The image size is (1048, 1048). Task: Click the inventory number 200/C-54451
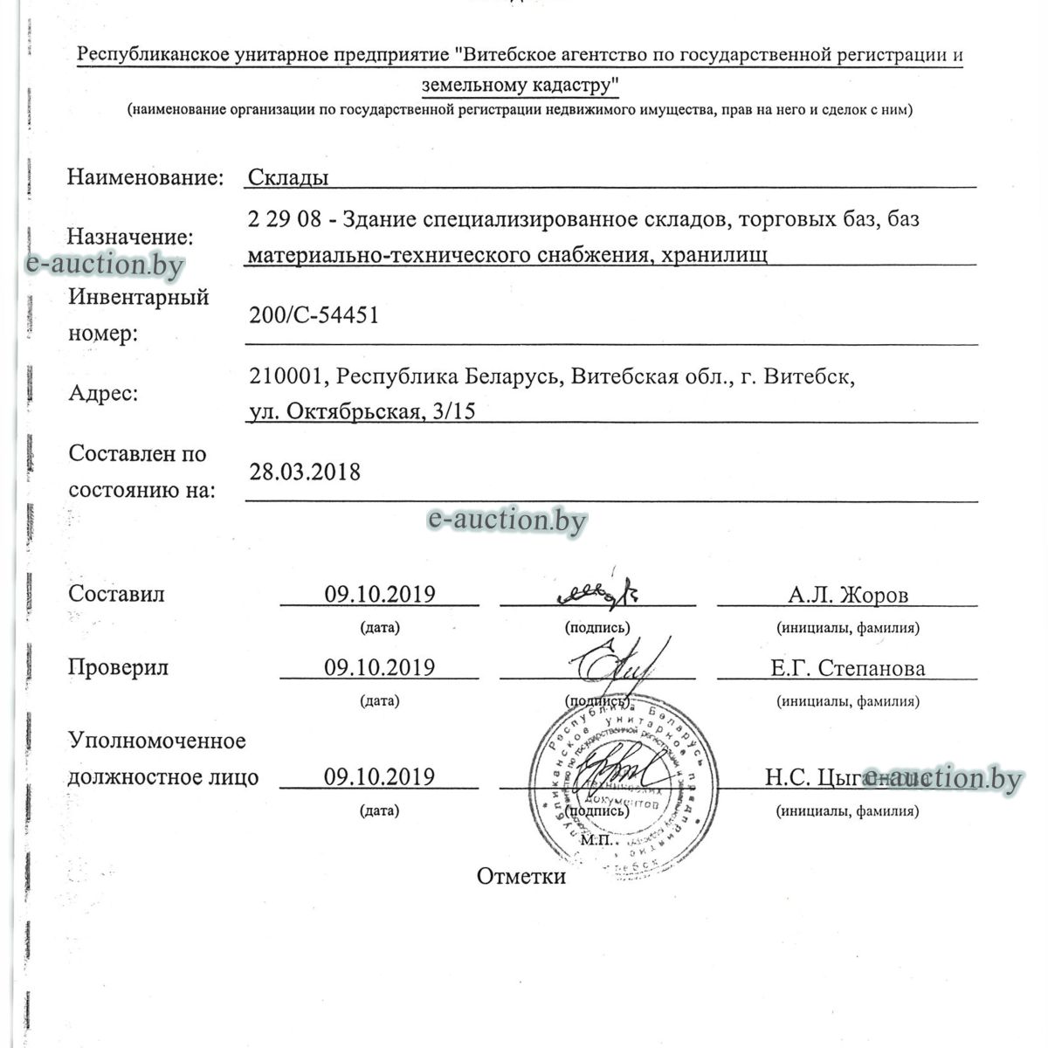click(314, 315)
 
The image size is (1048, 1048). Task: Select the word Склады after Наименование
click(288, 177)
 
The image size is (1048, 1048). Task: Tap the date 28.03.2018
click(305, 472)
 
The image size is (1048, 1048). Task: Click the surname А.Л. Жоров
click(847, 596)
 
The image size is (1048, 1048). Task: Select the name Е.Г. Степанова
click(847, 669)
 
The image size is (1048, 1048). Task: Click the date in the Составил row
click(380, 595)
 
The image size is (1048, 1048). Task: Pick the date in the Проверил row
click(380, 668)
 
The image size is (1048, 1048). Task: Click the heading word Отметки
click(521, 877)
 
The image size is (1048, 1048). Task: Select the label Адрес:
click(103, 394)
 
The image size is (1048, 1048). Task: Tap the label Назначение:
click(131, 238)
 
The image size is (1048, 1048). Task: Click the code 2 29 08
click(285, 218)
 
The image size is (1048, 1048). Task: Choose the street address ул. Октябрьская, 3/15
click(362, 411)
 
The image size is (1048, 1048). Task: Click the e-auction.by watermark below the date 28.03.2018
click(507, 521)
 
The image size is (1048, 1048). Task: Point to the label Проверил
click(118, 668)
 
